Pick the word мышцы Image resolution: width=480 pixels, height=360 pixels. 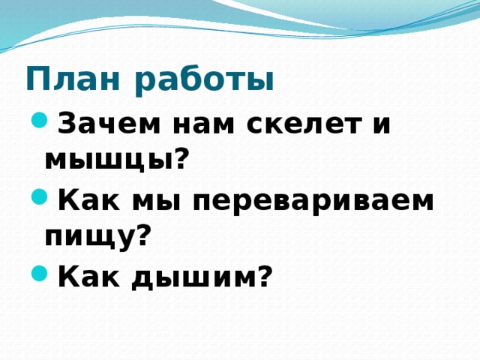tap(108, 160)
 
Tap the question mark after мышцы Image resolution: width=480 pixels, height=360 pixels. tap(180, 158)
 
